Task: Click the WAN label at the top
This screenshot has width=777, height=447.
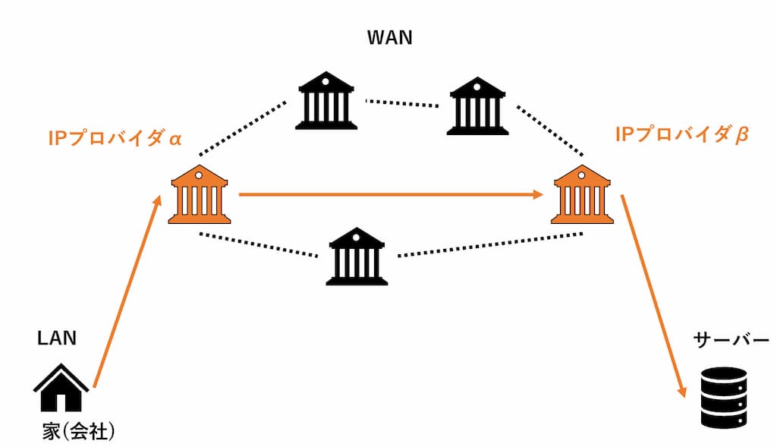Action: point(389,37)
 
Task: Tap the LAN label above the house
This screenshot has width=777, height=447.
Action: point(57,338)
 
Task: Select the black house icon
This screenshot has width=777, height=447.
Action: point(61,388)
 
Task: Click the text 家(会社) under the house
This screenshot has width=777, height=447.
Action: point(78,432)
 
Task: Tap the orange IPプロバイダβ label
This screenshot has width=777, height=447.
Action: point(681,135)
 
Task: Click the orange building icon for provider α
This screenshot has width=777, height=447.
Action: point(199,195)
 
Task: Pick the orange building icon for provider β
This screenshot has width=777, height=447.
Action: point(582,195)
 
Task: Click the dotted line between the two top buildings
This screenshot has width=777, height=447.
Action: point(403,102)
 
